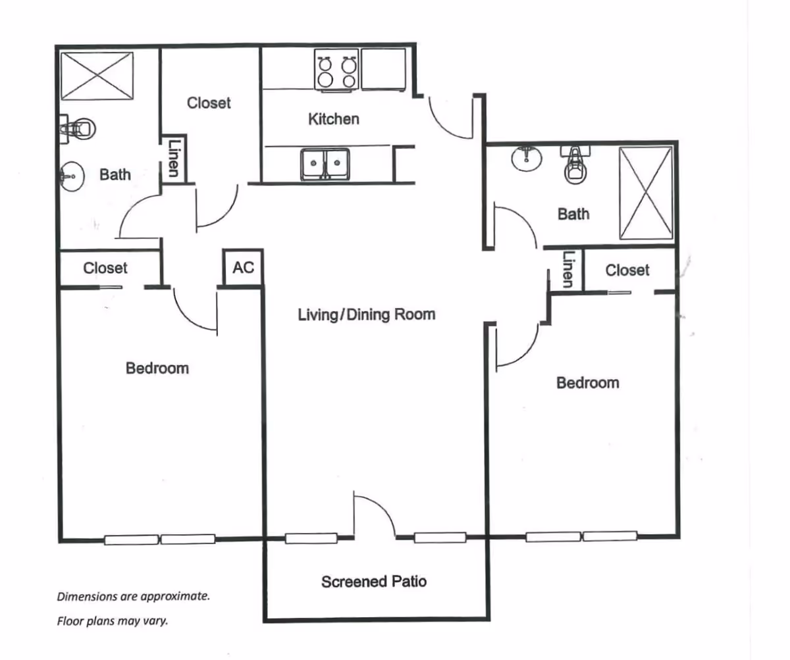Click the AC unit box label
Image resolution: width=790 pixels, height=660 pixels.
(x=243, y=268)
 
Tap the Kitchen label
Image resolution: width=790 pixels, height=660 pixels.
(x=334, y=119)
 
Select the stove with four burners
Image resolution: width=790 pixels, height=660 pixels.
(x=336, y=70)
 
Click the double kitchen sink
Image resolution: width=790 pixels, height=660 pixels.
(x=325, y=163)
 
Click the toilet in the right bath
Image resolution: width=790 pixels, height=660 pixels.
(x=575, y=165)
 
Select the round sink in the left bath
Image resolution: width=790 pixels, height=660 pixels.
(x=71, y=176)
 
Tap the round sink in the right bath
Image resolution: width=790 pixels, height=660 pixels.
(x=526, y=158)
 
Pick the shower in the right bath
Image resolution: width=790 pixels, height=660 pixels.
(x=646, y=193)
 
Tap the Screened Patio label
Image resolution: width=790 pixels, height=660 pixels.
(x=374, y=582)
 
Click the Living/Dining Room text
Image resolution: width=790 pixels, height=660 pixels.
(x=367, y=315)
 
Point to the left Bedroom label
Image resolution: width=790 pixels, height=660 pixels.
(x=157, y=368)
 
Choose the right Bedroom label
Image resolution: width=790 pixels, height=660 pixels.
(x=587, y=382)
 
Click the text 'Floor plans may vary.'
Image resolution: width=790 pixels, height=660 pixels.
(x=112, y=620)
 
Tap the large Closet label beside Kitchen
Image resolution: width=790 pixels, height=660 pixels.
(x=209, y=103)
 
